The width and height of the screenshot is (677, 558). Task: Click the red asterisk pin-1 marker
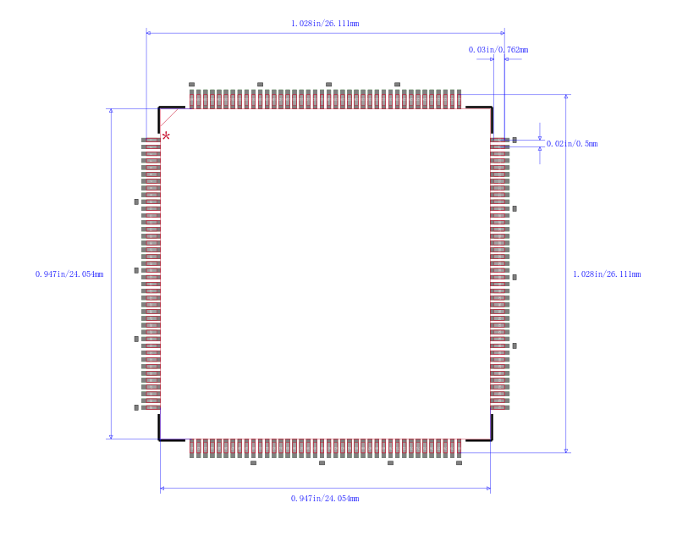coord(166,136)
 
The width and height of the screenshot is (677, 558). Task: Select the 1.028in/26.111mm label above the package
coord(325,24)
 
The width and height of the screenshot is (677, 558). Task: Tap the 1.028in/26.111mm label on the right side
coord(607,273)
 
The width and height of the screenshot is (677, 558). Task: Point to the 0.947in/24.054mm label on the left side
coord(69,273)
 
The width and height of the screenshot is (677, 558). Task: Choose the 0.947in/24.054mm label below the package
coord(325,499)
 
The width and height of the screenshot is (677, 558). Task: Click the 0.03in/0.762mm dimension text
coord(498,50)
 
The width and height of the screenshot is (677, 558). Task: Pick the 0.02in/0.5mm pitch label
coord(572,143)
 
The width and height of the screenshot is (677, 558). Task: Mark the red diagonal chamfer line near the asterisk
coord(169,118)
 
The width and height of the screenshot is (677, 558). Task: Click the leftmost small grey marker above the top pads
coord(192,84)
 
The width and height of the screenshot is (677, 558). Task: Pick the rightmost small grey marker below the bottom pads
coord(459,462)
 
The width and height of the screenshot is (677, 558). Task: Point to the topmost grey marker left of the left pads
coord(136,202)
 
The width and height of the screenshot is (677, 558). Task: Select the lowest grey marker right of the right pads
coord(515,345)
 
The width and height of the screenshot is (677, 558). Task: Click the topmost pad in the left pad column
coord(151,140)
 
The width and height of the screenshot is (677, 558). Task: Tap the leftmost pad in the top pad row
coord(192,99)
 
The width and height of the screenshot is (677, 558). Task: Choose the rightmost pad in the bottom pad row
coord(459,448)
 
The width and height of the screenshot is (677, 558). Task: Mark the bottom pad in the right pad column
coord(500,407)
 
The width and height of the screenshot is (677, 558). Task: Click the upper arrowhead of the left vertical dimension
coord(111,111)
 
